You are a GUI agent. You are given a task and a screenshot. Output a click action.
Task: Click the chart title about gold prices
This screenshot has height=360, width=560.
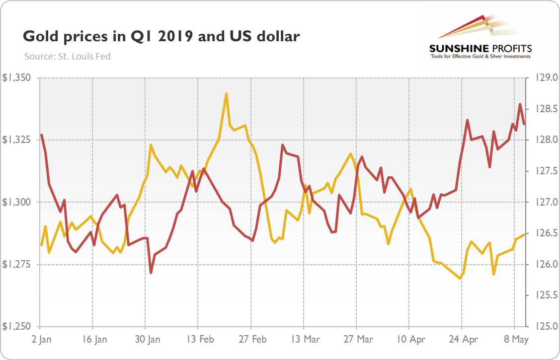[x=161, y=37]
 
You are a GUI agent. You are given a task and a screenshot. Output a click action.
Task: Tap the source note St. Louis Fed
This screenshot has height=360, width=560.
[x=67, y=56]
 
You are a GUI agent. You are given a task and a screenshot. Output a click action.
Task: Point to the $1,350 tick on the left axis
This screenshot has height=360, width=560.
[x=17, y=78]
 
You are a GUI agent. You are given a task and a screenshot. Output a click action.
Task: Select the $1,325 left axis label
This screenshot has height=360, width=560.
[x=17, y=140]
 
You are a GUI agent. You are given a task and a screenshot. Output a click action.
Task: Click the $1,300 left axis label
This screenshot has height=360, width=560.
[x=17, y=202]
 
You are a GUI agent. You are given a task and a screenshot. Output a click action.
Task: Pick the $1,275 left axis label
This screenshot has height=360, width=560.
[x=17, y=264]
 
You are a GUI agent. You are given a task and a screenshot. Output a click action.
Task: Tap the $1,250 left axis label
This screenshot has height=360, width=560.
[x=17, y=326]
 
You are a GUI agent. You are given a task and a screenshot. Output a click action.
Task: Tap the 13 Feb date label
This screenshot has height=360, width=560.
[x=198, y=340]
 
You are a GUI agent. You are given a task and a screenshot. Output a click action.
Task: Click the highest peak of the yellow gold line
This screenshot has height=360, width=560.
[x=227, y=93]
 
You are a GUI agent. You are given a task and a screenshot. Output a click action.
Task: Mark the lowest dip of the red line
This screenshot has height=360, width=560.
[x=151, y=273]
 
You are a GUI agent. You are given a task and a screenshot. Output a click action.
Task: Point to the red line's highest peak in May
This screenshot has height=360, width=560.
[x=520, y=104]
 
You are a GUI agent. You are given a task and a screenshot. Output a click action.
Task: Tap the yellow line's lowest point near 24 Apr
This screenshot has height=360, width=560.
[x=460, y=279]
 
